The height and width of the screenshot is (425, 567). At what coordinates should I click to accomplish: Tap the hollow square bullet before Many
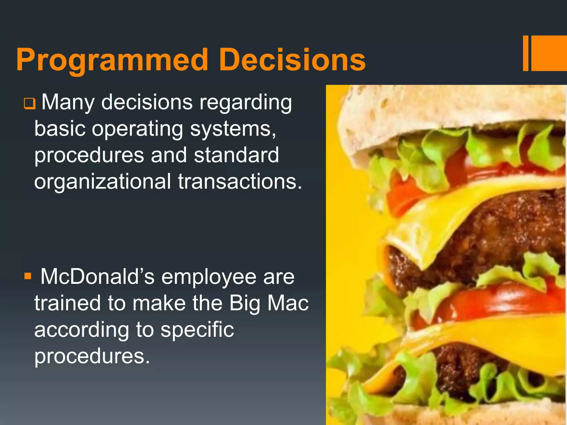pyautogui.click(x=29, y=104)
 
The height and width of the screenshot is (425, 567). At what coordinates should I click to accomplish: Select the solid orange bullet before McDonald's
pyautogui.click(x=28, y=276)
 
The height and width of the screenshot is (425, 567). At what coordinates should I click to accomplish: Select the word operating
pyautogui.click(x=137, y=129)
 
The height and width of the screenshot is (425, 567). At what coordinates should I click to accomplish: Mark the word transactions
pyautogui.click(x=240, y=182)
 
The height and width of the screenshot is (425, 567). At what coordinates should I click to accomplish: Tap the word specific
pyautogui.click(x=197, y=330)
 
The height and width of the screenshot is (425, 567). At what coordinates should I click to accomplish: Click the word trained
pyautogui.click(x=67, y=303)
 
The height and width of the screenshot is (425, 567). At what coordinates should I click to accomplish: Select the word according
pyautogui.click(x=82, y=330)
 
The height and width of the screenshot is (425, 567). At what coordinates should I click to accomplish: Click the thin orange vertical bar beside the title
pyautogui.click(x=525, y=53)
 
